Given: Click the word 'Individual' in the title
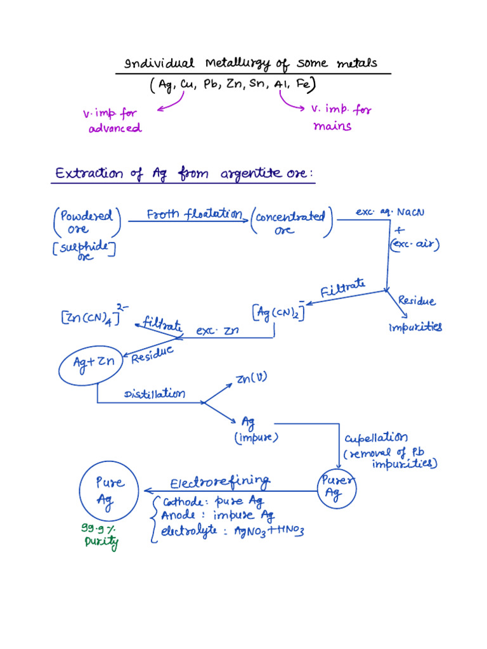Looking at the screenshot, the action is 159,63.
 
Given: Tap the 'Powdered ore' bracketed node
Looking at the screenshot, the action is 87,222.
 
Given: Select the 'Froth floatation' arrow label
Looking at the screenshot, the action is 195,214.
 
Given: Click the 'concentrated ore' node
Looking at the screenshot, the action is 292,222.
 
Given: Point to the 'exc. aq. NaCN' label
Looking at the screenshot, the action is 390,212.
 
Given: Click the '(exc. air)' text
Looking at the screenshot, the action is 415,244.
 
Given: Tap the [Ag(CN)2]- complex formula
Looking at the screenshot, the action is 278,312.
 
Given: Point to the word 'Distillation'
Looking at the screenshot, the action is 155,394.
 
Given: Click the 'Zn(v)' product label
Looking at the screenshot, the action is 251,378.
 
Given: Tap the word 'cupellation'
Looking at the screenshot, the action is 376,438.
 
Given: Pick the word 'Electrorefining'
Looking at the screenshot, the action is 220,482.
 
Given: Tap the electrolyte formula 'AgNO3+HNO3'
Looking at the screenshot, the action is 269,530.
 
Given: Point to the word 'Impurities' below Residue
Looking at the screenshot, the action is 415,328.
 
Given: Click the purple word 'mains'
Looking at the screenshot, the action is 332,126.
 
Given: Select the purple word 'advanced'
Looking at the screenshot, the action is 115,128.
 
